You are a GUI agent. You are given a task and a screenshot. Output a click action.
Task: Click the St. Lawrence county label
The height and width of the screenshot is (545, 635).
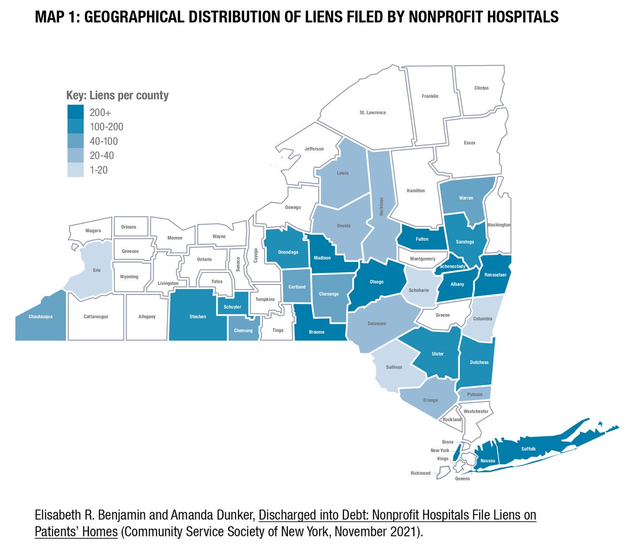pyautogui.click(x=372, y=113)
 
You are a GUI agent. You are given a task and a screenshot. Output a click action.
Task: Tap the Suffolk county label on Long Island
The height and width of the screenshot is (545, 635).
pyautogui.click(x=528, y=449)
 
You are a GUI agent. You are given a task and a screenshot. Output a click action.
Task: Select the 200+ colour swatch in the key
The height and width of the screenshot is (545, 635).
pyautogui.click(x=76, y=113)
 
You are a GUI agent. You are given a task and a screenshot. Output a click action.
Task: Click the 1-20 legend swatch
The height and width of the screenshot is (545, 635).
pyautogui.click(x=76, y=170)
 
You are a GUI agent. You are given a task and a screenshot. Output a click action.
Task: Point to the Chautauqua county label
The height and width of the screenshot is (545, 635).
pyautogui.click(x=40, y=317)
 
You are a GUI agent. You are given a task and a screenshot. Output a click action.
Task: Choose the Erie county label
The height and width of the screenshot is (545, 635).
pyautogui.click(x=97, y=271)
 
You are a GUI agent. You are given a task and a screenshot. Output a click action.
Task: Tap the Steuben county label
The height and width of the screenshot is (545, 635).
pyautogui.click(x=198, y=317)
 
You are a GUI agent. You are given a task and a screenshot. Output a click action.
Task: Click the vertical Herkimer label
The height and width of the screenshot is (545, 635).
pyautogui.click(x=381, y=206)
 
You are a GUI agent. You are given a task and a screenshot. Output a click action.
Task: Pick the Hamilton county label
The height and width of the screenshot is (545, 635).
pyautogui.click(x=416, y=191)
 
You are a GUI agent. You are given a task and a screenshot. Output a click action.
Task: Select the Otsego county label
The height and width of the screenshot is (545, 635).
pyautogui.click(x=377, y=282)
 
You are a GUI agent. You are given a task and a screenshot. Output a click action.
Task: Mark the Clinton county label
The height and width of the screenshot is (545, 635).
pyautogui.click(x=481, y=88)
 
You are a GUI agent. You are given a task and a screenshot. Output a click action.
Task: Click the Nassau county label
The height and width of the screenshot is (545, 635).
pyautogui.click(x=488, y=461)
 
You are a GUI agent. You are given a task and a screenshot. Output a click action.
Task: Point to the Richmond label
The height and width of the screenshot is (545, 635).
pyautogui.click(x=420, y=473)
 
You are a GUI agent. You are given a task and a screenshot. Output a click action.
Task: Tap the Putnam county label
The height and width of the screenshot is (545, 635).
pyautogui.click(x=475, y=394)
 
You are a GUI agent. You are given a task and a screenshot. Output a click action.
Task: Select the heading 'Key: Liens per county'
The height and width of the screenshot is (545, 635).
pyautogui.click(x=117, y=95)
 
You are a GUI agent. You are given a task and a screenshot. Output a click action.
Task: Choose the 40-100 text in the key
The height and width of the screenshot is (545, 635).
pyautogui.click(x=104, y=141)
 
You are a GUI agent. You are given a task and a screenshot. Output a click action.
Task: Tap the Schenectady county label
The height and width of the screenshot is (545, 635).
pyautogui.click(x=452, y=266)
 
